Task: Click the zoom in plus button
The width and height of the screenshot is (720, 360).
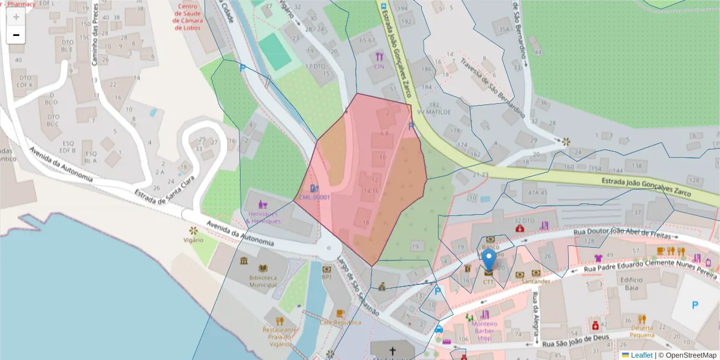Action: tap(16, 17)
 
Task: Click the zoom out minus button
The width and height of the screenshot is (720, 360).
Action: tap(16, 35)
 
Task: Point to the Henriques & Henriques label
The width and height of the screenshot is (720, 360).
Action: tap(263, 217)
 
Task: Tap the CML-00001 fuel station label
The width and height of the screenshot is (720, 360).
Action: tap(315, 197)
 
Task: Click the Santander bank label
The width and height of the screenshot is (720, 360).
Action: tap(536, 281)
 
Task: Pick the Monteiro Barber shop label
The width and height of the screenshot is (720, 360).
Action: tap(484, 331)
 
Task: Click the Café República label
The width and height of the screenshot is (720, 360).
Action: tap(340, 322)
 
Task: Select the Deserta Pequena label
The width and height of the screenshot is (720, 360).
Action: tap(641, 332)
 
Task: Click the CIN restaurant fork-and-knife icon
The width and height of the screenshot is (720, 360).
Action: tap(379, 57)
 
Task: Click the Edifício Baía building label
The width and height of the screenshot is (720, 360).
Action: tap(632, 283)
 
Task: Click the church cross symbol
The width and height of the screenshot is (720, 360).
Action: tap(392, 350)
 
